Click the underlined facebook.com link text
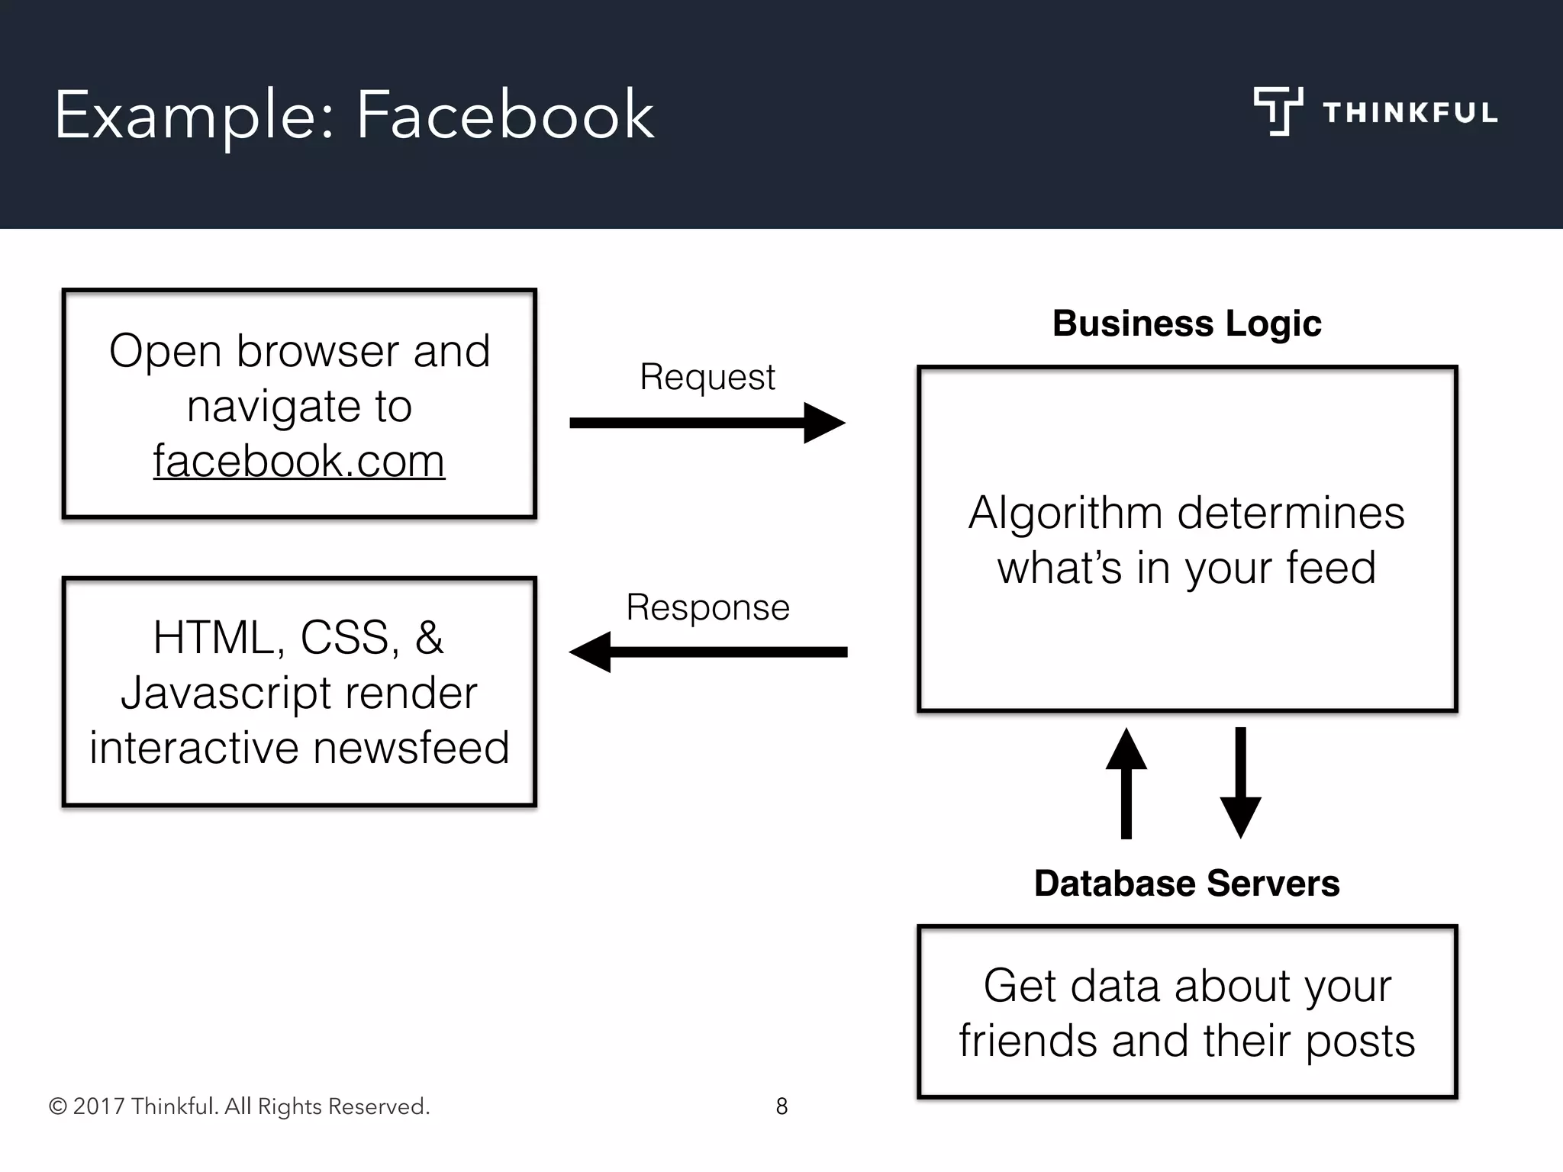point(298,461)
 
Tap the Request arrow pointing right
point(707,423)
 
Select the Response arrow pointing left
point(707,652)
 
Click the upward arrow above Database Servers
point(1126,783)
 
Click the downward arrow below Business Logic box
point(1240,783)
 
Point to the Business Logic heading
point(1187,324)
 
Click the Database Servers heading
point(1187,884)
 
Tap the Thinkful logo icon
point(1278,111)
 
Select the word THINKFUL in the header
point(1410,113)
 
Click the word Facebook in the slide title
point(505,115)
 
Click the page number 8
point(781,1106)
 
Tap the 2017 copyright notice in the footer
point(239,1106)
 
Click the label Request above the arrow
point(707,377)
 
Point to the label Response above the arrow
point(707,607)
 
